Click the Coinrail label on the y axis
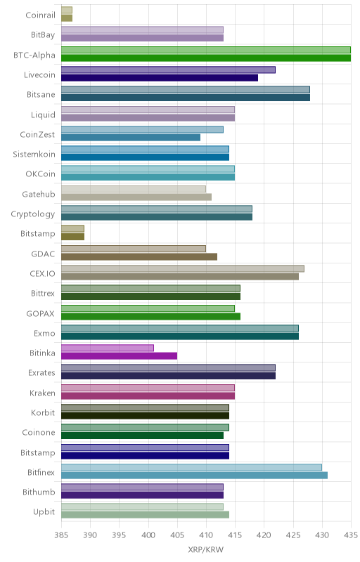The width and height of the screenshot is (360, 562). click(x=41, y=15)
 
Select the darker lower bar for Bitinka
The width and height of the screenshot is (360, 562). click(x=119, y=356)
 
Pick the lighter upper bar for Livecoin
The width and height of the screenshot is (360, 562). click(x=168, y=70)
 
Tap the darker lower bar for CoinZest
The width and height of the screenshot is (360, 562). click(x=131, y=137)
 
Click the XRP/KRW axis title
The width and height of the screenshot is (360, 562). click(x=206, y=550)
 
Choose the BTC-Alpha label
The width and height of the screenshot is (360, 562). click(x=34, y=55)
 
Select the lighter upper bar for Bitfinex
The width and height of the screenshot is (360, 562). click(x=191, y=467)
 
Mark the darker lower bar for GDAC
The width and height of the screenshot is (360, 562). click(x=139, y=256)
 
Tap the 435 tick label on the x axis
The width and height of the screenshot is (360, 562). click(x=351, y=535)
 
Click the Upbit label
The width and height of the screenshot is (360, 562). click(x=44, y=512)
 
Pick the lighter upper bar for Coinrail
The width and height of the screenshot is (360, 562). click(x=67, y=10)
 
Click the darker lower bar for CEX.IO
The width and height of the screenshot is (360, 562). click(x=180, y=276)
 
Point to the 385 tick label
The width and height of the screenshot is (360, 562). click(x=61, y=535)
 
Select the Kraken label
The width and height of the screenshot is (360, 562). click(x=42, y=393)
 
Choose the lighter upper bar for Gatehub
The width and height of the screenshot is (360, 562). click(x=134, y=189)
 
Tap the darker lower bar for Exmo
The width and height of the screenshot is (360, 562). click(x=180, y=336)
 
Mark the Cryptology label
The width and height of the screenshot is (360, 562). click(x=33, y=214)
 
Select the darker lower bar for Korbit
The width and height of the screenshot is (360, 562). click(x=146, y=416)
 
